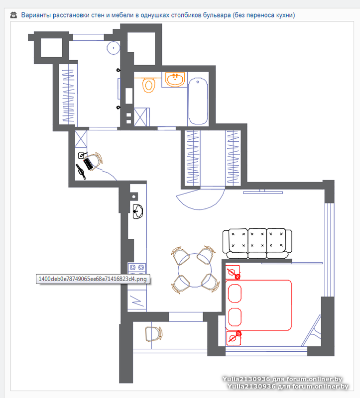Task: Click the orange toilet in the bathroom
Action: [149, 85]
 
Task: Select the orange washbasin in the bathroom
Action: [175, 79]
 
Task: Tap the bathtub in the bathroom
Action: [198, 101]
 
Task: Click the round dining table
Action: [195, 270]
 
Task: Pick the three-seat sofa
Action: [257, 244]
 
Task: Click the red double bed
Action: [258, 305]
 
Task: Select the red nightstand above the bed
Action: [233, 272]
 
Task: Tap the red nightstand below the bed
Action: [234, 338]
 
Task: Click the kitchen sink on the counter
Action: [138, 211]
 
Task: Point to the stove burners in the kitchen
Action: [137, 268]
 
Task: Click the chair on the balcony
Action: [154, 334]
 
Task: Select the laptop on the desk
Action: [88, 163]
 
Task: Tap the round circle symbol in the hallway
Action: [114, 48]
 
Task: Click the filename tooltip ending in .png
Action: [93, 279]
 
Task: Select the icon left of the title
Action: [14, 15]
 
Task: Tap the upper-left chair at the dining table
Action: [180, 255]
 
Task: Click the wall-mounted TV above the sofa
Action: [263, 193]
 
